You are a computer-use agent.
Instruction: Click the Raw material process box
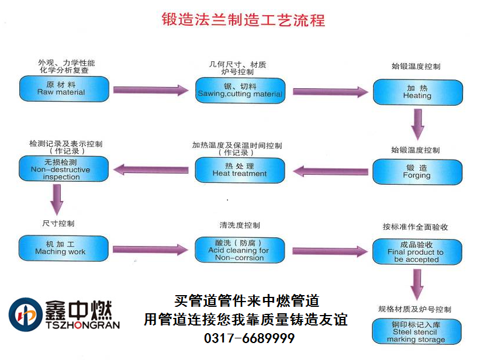64,88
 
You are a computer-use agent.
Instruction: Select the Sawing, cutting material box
240,89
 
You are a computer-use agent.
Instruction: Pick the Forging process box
417,171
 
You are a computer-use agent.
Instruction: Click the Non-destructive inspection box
64,169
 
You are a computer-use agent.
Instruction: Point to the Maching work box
64,248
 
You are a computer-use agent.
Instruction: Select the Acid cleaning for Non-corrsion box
240,250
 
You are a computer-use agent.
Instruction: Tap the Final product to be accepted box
417,252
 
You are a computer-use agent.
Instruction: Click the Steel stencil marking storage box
417,331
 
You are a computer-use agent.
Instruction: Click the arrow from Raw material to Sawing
151,90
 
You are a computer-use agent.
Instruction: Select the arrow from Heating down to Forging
417,123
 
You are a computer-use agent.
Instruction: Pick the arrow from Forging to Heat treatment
329,171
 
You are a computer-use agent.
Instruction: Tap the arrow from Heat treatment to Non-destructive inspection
151,170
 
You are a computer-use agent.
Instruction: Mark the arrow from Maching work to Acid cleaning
151,250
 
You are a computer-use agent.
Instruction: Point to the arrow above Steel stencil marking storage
417,285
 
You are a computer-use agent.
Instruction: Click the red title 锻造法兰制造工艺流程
243,20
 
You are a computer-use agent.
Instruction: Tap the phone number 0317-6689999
249,338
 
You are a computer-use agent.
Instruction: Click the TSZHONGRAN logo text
81,325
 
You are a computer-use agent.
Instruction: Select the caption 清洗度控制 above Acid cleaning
240,225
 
